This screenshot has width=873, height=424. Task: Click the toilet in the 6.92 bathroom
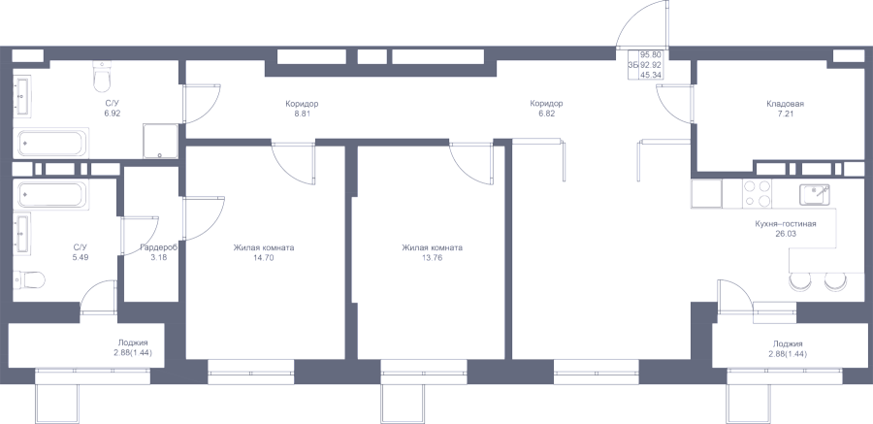(x=101, y=77)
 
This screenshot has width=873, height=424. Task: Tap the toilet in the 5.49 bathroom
(x=29, y=279)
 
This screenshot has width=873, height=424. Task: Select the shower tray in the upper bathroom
(x=160, y=141)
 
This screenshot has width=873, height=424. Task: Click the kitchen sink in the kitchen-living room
(x=815, y=194)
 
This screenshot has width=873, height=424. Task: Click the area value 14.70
(x=264, y=258)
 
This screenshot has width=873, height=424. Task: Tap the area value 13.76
(x=432, y=258)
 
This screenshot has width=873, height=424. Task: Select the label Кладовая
(x=785, y=104)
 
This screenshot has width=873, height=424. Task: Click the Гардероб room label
(x=159, y=248)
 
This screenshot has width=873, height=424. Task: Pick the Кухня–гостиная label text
(x=785, y=224)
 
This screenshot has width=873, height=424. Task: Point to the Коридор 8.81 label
(x=302, y=108)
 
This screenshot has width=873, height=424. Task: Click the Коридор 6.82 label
(x=546, y=108)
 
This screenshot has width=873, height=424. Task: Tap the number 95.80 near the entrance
(x=650, y=54)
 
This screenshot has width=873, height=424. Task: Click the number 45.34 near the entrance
(x=650, y=75)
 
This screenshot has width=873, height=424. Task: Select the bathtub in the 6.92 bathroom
(x=51, y=144)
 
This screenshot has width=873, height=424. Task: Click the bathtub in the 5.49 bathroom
(x=51, y=194)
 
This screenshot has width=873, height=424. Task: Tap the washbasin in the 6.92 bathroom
(x=23, y=96)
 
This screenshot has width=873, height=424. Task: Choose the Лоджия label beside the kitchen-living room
(x=788, y=344)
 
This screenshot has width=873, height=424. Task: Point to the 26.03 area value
(x=785, y=234)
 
